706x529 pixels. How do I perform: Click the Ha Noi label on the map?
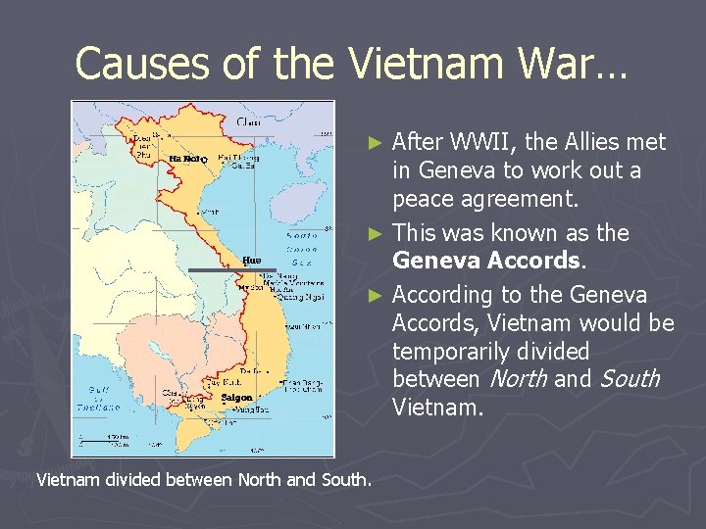click(184, 159)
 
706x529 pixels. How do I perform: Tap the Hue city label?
click(252, 261)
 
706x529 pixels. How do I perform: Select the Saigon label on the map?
click(236, 398)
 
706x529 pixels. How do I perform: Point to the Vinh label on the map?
click(208, 211)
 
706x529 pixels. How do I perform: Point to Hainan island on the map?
click(304, 196)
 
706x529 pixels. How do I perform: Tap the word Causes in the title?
click(138, 65)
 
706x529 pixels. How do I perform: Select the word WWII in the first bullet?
click(481, 142)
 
